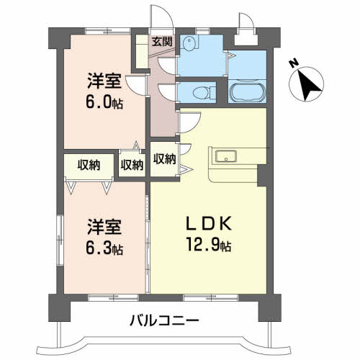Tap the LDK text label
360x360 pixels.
pyautogui.click(x=209, y=223)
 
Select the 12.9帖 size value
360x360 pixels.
pyautogui.click(x=209, y=244)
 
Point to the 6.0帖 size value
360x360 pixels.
pyautogui.click(x=104, y=102)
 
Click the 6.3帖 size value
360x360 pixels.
pyautogui.click(x=104, y=249)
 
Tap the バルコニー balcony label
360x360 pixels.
pyautogui.click(x=164, y=320)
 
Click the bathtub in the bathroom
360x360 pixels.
pyautogui.click(x=248, y=91)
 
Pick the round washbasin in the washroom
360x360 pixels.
pyautogui.click(x=188, y=43)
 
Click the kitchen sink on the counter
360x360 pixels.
pyautogui.click(x=225, y=156)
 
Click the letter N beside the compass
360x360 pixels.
pyautogui.click(x=294, y=63)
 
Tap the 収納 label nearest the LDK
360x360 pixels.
pyautogui.click(x=165, y=159)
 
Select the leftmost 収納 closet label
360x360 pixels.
pyautogui.click(x=89, y=165)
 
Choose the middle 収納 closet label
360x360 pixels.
pyautogui.click(x=132, y=165)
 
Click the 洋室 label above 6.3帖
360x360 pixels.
pyautogui.click(x=104, y=227)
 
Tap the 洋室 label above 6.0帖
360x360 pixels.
pyautogui.click(x=104, y=81)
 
